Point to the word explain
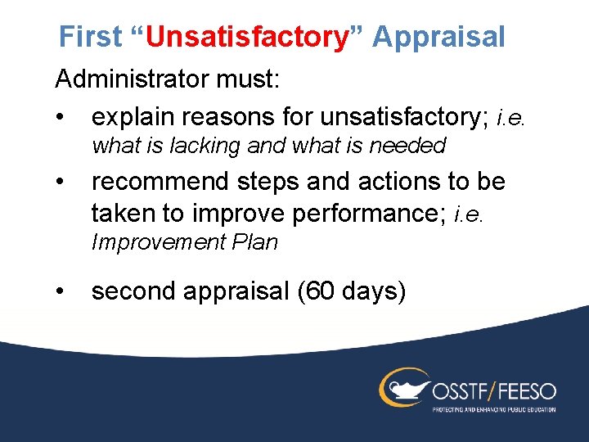click(x=136, y=118)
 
